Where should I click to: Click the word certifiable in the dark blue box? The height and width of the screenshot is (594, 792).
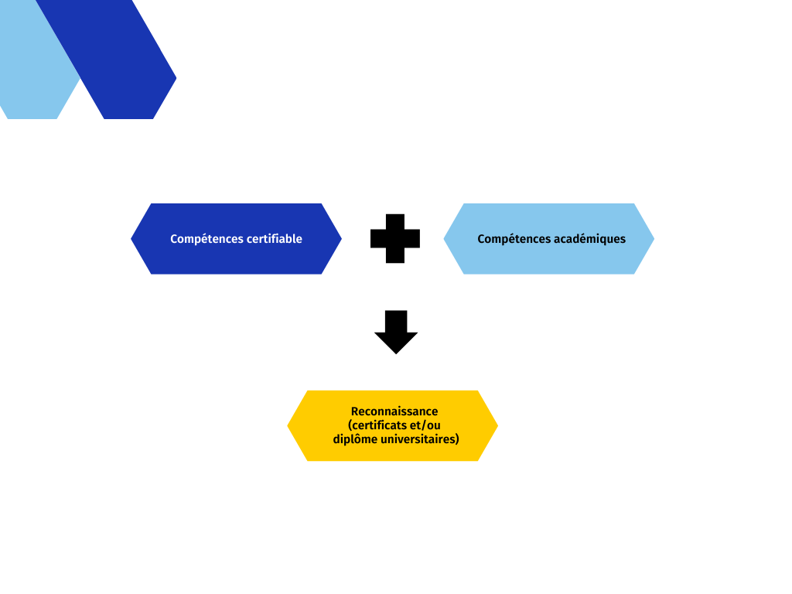point(277,239)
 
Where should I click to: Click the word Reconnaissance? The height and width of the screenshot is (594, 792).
point(394,411)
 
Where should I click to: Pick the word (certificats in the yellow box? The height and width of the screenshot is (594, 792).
point(377,425)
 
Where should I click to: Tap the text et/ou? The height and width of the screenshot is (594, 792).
point(425,425)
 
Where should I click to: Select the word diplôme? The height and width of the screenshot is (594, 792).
point(355,439)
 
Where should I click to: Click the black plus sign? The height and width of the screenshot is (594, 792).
point(395,238)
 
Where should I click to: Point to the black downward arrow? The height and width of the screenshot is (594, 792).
point(396,332)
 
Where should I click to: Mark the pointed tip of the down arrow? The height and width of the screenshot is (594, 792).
point(396,354)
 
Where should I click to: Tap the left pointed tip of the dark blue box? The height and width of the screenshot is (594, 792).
point(131,239)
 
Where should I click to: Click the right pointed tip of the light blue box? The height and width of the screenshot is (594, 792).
point(654,239)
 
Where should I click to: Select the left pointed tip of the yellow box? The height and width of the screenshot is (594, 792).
point(288,426)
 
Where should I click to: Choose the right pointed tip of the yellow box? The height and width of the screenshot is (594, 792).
point(498,426)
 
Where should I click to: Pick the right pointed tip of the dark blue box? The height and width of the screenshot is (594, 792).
point(341,239)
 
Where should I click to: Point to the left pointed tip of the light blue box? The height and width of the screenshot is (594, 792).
point(443,239)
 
